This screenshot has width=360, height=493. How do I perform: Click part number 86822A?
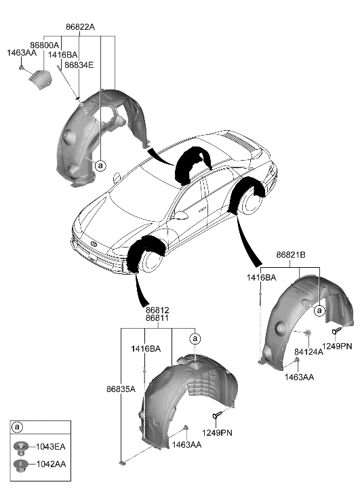click(x=80, y=27)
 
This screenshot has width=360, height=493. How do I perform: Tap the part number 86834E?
click(x=79, y=65)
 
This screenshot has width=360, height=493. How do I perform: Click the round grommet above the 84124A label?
click(x=307, y=333)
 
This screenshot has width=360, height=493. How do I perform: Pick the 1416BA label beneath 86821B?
click(x=261, y=278)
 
